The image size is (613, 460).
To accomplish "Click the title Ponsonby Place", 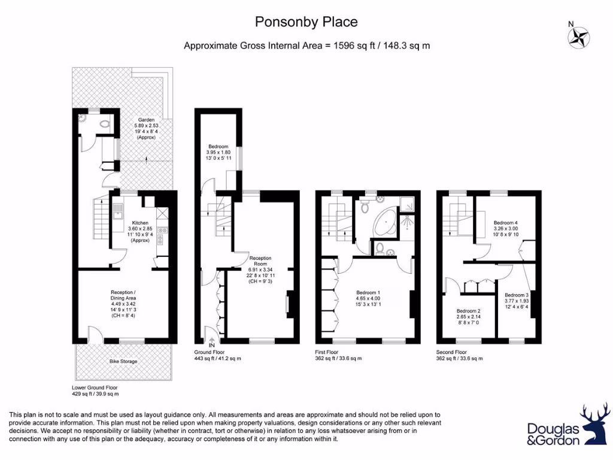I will click(x=306, y=22).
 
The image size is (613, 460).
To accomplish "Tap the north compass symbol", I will click(x=579, y=37).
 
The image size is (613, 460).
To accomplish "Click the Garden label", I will click(x=147, y=119).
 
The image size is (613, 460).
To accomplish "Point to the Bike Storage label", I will click(x=123, y=361).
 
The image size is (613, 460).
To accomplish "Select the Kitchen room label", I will click(x=142, y=223).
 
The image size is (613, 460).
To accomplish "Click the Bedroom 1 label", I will click(x=368, y=292).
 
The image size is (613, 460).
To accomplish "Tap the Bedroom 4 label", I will click(x=505, y=222).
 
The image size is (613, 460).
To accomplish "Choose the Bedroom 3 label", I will click(x=516, y=295).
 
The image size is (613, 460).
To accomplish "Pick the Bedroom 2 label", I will click(x=469, y=311).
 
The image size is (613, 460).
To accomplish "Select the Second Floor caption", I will click(x=452, y=352).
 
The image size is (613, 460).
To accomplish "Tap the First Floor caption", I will click(x=330, y=352).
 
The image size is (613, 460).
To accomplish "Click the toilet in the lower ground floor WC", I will click(x=105, y=125).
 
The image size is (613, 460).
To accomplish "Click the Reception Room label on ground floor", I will click(x=261, y=262).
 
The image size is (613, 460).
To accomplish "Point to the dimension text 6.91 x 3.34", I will click(x=261, y=270).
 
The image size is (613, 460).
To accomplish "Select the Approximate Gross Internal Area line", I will click(x=306, y=46).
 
